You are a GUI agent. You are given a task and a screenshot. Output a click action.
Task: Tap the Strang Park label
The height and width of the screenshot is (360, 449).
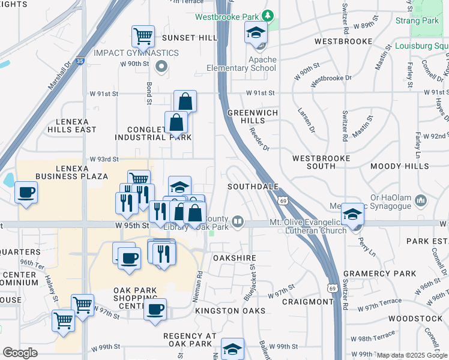(x=417, y=20)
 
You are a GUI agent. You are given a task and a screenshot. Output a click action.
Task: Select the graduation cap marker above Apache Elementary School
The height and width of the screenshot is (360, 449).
(x=256, y=33)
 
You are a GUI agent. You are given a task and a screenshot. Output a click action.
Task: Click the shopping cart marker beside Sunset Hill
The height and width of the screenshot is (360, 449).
(x=143, y=37)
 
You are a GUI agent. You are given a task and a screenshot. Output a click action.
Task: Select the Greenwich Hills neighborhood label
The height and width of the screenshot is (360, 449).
(x=246, y=116)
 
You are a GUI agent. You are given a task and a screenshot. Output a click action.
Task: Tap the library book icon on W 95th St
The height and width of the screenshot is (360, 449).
(x=238, y=223)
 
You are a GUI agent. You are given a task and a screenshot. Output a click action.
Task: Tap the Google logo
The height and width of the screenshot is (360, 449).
(x=20, y=353)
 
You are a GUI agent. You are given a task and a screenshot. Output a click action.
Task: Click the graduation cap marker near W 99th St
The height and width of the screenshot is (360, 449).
(x=232, y=349)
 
